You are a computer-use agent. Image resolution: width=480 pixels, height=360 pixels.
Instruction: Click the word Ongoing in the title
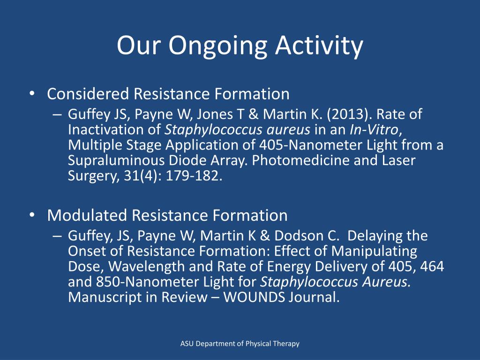pyautogui.click(x=218, y=46)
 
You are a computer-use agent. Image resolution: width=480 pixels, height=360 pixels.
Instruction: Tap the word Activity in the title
pyautogui.click(x=319, y=46)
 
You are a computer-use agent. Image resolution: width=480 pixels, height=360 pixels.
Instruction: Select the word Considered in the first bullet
pyautogui.click(x=88, y=94)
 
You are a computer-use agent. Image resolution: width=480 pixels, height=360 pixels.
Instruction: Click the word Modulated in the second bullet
pyautogui.click(x=87, y=216)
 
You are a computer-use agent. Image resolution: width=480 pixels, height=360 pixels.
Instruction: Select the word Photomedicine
pyautogui.click(x=296, y=161)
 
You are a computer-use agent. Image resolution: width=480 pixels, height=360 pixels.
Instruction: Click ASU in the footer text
pyautogui.click(x=187, y=344)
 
